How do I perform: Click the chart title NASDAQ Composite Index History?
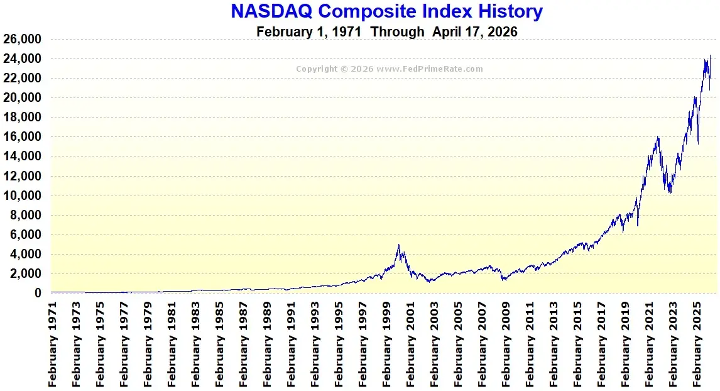[386, 11]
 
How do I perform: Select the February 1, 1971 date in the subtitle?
[308, 31]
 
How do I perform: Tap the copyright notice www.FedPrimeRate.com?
[390, 69]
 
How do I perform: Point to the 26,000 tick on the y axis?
[23, 39]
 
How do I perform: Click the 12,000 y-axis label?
[23, 176]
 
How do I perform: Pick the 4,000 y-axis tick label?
[25, 254]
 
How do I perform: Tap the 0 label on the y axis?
[38, 293]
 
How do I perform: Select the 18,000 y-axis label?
[23, 118]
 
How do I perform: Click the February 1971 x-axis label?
[53, 343]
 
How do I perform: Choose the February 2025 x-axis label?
[697, 343]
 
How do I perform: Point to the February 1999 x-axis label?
[387, 343]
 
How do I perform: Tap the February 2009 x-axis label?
[506, 343]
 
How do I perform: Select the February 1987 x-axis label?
[244, 343]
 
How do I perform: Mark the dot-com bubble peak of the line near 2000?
[398, 245]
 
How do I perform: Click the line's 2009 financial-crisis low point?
[504, 280]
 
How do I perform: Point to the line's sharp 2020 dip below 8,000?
[638, 225]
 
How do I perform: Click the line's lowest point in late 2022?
[670, 192]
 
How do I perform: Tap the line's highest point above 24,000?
[711, 55]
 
